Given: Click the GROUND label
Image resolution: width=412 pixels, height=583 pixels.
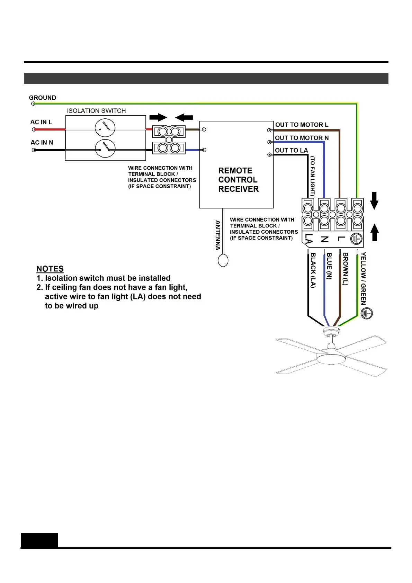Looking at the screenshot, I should [42, 98].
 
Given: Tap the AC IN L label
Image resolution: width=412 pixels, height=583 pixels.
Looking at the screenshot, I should [41, 122].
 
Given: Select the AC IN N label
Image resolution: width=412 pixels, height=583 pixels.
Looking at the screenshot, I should [42, 143].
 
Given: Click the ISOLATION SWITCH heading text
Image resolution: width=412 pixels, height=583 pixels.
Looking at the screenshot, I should [96, 111].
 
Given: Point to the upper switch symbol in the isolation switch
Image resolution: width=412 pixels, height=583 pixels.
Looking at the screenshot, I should [105, 128].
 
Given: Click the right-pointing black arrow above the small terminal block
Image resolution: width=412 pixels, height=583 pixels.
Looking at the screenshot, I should [158, 117].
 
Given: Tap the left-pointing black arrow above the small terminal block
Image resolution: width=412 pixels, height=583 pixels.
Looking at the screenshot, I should [184, 117].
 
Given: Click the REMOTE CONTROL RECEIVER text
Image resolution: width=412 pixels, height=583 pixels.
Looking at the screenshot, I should [238, 180].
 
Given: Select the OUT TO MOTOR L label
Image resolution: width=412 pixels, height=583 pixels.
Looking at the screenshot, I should [302, 125].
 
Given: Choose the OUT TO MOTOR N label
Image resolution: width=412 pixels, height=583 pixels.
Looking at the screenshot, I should [302, 138].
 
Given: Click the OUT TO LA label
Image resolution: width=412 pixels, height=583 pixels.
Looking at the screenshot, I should [291, 151].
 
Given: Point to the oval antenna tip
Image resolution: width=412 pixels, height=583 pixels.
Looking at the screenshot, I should [223, 260].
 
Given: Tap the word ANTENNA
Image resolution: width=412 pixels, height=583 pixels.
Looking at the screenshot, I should [218, 235].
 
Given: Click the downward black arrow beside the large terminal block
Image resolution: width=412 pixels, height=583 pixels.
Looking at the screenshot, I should [374, 201].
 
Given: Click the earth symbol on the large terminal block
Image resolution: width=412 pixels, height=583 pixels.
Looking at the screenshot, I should [356, 239].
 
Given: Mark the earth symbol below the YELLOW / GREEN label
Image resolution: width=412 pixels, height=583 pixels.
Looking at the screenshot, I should [367, 313].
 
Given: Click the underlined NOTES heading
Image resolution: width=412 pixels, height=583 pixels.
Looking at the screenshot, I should [50, 269].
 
